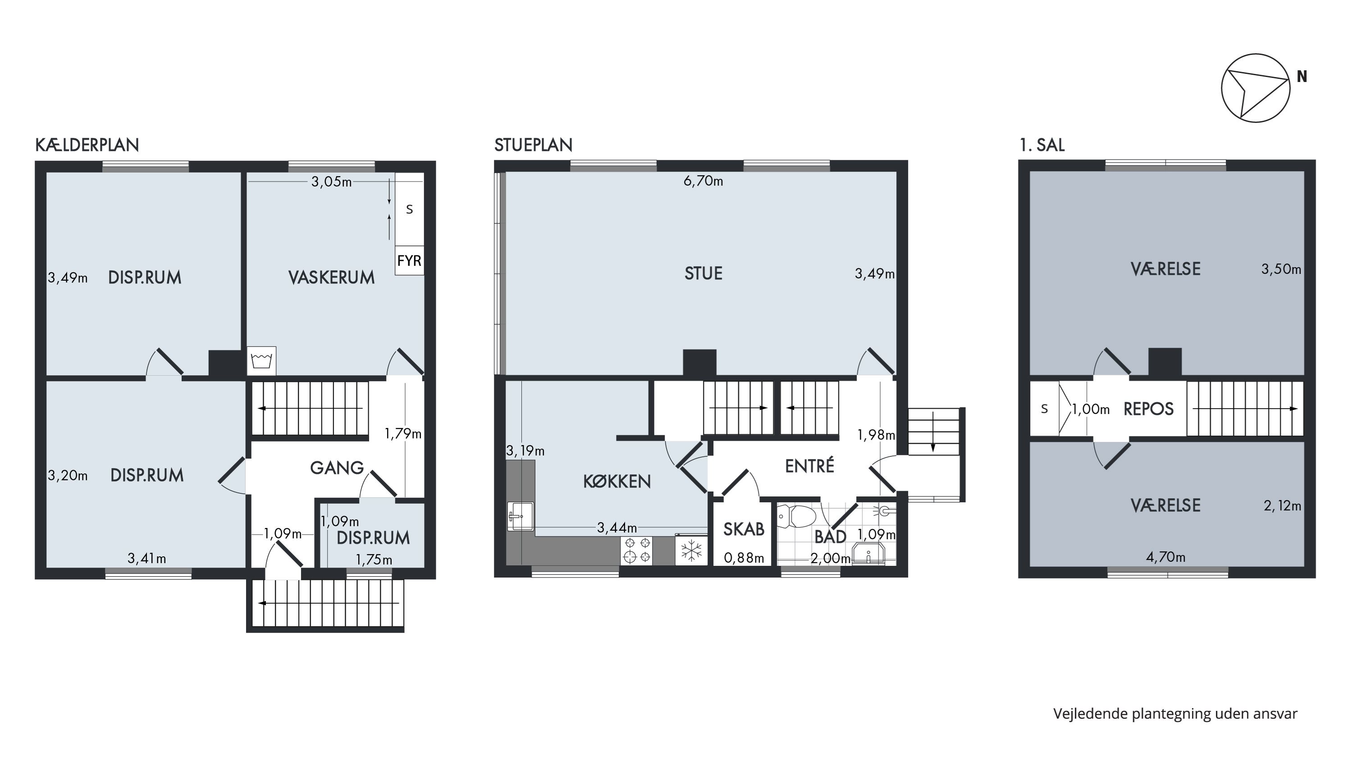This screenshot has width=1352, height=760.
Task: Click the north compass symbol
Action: tap(1255, 88)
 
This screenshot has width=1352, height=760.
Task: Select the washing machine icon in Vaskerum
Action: tap(261, 361)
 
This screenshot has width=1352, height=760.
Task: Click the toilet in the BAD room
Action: tap(796, 516)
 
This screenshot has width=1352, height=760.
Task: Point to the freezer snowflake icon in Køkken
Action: tap(691, 550)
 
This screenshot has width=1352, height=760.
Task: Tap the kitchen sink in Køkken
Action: tap(521, 517)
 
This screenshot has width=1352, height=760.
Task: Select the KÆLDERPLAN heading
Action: tap(87, 145)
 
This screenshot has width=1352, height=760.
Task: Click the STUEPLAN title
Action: tap(533, 145)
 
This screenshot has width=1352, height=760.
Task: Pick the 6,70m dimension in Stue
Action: tap(703, 182)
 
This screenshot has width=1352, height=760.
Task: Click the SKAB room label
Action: tap(744, 529)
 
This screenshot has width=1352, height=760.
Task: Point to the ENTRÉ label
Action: tap(809, 466)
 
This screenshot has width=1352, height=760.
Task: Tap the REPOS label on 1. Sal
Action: tap(1148, 409)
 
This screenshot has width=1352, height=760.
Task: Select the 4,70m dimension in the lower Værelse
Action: tap(1166, 557)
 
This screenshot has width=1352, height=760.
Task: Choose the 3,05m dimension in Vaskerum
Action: tap(332, 182)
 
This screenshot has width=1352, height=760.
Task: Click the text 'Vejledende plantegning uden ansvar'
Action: tap(1176, 714)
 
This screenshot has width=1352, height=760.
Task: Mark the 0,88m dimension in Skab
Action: tap(744, 558)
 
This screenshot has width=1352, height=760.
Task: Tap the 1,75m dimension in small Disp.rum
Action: tap(374, 560)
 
